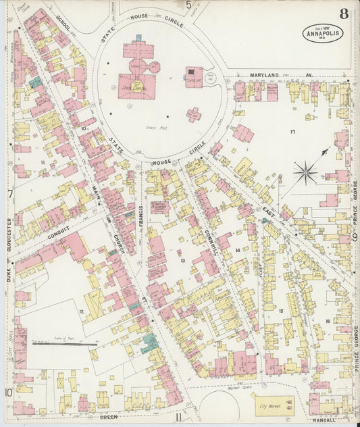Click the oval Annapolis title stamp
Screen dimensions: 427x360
coord(323,32)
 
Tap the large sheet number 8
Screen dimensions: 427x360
coord(344,13)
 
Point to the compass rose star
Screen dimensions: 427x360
coord(305,172)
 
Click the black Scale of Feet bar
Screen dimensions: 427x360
coord(65,344)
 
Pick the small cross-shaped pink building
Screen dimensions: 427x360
coord(194,114)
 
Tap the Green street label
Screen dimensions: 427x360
coord(108,418)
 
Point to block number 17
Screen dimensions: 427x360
coord(292,131)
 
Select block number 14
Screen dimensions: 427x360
coord(237,251)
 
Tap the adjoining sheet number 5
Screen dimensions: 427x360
coord(188,5)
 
